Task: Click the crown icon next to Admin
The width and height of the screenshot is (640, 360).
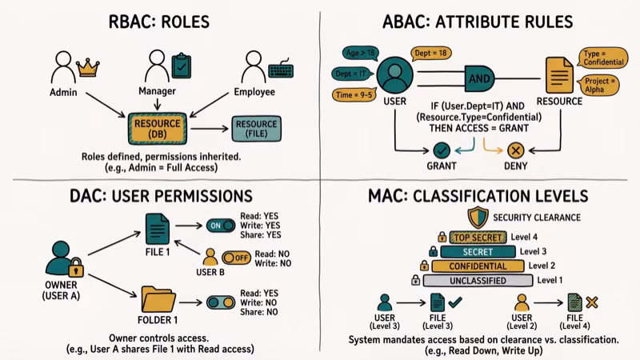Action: click(87, 67)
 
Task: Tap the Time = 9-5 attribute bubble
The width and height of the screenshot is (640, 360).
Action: click(356, 95)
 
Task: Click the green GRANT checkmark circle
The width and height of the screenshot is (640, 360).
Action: click(441, 150)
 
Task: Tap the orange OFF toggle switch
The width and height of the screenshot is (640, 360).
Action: click(236, 258)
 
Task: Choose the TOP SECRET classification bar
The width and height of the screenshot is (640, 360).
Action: click(477, 237)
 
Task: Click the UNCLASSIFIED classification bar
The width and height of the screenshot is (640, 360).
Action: click(476, 280)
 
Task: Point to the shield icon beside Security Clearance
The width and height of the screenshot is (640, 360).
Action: click(477, 217)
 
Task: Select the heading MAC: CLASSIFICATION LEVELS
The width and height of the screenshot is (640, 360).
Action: click(478, 195)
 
